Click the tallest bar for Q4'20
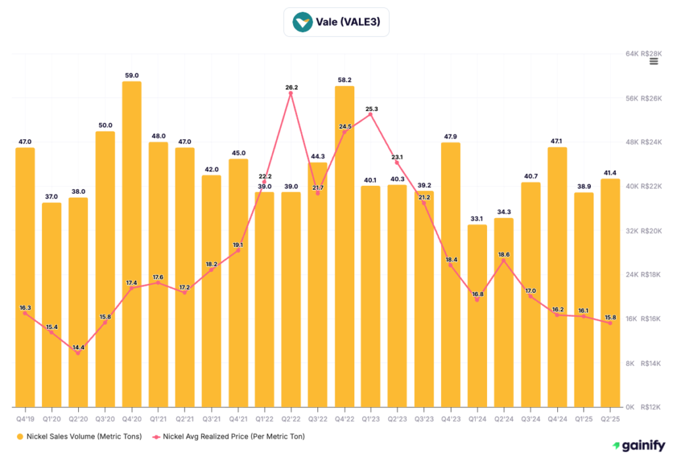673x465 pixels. click(131, 243)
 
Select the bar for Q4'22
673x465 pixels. click(344, 246)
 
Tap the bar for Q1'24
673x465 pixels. click(477, 315)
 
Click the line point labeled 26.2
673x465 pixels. click(290, 93)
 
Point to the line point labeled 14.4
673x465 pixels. click(78, 353)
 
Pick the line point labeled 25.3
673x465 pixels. click(371, 114)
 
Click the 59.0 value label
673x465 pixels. click(131, 76)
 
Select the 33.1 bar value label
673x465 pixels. click(477, 219)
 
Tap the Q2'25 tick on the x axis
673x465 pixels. click(611, 416)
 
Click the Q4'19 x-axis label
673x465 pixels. click(25, 416)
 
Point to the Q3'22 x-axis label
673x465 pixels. click(317, 416)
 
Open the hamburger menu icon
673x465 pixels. click(653, 61)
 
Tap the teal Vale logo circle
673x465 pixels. click(303, 22)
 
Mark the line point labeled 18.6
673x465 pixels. click(503, 261)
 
